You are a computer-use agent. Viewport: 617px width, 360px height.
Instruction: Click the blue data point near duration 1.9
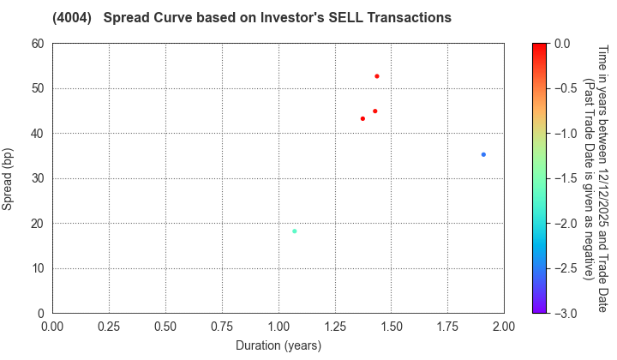[x=483, y=154]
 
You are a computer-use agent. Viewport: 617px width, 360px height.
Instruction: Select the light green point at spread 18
[x=294, y=231]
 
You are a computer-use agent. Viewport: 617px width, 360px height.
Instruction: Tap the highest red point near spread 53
[x=376, y=76]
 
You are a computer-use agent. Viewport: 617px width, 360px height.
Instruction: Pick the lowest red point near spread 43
[x=362, y=118]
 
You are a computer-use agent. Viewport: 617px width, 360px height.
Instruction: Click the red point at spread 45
[x=374, y=111]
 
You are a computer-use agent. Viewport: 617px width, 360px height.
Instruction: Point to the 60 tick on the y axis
[x=38, y=44]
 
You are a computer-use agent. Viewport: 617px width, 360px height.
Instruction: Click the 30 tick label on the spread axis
[x=38, y=178]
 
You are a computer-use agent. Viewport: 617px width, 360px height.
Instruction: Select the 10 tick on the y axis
[x=38, y=268]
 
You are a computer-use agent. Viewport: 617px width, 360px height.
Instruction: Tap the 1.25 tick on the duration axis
[x=335, y=327]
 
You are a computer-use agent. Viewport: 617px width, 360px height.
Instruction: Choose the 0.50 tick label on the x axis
[x=165, y=327]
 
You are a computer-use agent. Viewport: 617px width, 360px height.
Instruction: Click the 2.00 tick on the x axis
[x=504, y=327]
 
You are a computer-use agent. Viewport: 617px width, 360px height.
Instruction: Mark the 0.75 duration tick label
[x=222, y=327]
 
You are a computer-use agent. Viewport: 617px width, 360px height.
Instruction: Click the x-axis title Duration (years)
[x=278, y=345]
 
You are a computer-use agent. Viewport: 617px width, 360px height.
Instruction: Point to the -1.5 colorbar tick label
[x=565, y=178]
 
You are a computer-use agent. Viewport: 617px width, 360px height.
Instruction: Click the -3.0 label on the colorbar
[x=565, y=313]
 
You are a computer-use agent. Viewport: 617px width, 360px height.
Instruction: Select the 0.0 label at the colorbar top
[x=563, y=44]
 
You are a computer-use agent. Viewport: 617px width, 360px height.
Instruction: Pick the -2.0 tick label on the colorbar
[x=565, y=223]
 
